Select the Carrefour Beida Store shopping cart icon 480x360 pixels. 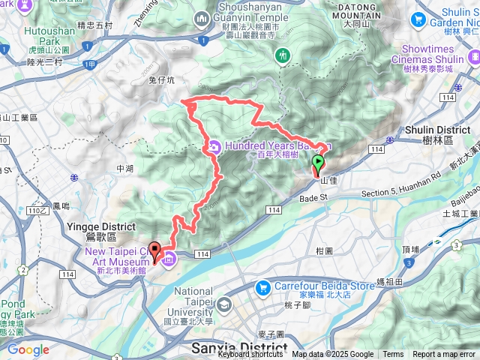[262, 287]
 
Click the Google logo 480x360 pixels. [28, 349]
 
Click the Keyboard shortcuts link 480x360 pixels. [250, 355]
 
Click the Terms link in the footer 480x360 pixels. [393, 355]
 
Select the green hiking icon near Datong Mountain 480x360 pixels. [283, 55]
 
